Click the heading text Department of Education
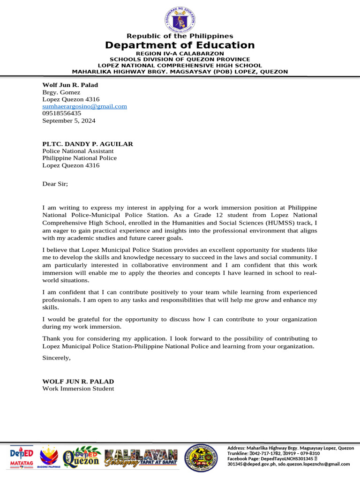tap(180, 45)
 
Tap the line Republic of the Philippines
tap(180, 36)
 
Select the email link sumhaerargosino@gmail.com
tap(85, 106)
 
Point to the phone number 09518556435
tap(62, 113)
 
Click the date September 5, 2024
tap(69, 120)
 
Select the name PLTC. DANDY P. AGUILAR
tap(88, 144)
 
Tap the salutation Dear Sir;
tap(55, 184)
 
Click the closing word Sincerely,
tap(56, 358)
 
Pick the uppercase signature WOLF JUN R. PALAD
tap(78, 381)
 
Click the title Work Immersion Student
tap(78, 389)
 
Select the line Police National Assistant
tap(78, 151)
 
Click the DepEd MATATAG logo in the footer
tap(22, 457)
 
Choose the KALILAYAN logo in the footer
tap(141, 457)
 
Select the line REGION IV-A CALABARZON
tap(180, 54)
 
